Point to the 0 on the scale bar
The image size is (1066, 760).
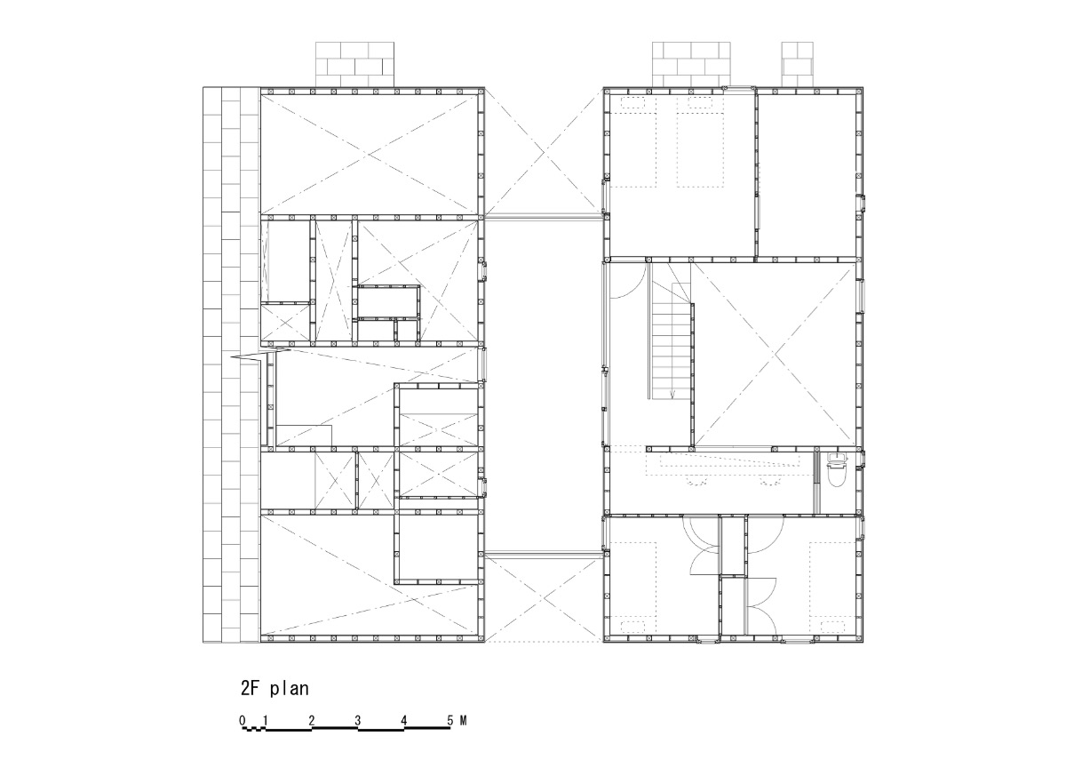click(242, 720)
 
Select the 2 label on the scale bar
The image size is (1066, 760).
click(311, 720)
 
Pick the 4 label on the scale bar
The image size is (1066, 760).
click(403, 720)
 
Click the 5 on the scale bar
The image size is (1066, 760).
click(449, 720)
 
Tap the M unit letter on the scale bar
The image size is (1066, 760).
click(463, 720)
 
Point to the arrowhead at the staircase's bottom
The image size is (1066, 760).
click(672, 395)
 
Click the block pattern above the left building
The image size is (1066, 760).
click(355, 64)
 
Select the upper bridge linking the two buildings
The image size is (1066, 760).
click(544, 217)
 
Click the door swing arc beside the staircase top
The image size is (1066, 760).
click(627, 280)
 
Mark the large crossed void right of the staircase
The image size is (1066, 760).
click(775, 353)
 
